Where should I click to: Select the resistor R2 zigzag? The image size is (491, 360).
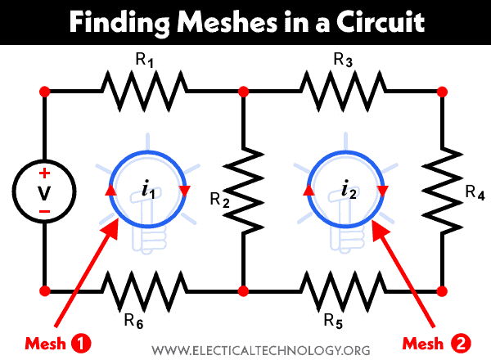(243, 191)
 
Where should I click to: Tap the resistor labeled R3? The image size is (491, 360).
(343, 90)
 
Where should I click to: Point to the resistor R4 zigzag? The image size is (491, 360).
(442, 191)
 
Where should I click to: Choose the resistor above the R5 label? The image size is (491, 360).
(342, 290)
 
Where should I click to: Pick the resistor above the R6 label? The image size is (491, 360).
(144, 290)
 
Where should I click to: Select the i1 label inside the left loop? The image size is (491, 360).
(148, 191)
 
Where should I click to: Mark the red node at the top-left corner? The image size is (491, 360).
(45, 90)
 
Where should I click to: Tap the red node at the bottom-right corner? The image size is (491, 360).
(442, 290)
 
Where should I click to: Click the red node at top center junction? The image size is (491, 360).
(243, 90)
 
